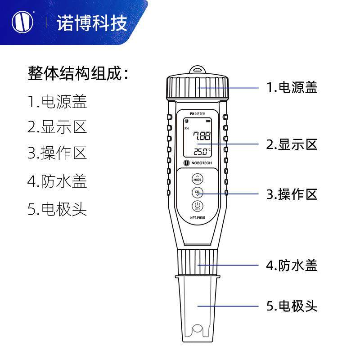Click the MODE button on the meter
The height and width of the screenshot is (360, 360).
point(198,178)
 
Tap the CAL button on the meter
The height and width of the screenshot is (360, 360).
point(198,193)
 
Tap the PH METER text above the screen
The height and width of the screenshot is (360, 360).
point(198,114)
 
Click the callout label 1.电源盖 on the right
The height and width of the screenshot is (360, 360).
point(292,87)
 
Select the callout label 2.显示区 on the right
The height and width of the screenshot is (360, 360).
point(292,144)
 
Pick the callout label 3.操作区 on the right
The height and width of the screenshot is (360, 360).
point(292,194)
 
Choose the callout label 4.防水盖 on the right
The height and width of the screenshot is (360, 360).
point(292,265)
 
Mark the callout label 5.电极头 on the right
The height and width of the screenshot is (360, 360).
point(292,306)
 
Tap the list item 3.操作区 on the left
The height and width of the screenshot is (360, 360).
point(57,153)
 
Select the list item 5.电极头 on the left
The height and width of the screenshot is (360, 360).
point(57,209)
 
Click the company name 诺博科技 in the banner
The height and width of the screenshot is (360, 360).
point(92,23)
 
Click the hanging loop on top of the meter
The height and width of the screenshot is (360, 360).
point(198,71)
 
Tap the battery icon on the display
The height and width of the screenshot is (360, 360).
point(208,121)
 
